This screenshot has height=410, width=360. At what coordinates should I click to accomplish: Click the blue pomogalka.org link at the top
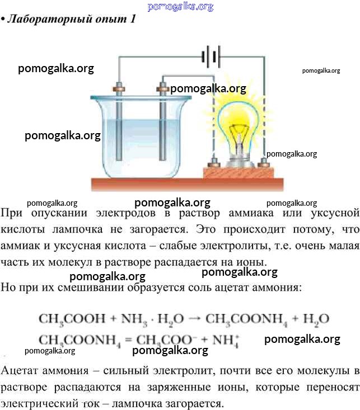[x=180, y=7]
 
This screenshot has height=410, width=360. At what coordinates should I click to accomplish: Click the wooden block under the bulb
[x=239, y=173]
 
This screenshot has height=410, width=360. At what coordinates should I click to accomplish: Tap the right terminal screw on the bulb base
[x=263, y=163]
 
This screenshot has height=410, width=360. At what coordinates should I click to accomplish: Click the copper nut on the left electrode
[x=119, y=89]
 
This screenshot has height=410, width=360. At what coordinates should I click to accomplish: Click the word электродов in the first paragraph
[x=125, y=213]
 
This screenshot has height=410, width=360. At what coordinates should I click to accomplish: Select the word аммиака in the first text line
[x=251, y=213]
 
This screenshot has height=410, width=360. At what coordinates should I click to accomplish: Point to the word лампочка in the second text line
[x=77, y=229]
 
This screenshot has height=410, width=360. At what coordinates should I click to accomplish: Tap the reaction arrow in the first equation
[x=194, y=319]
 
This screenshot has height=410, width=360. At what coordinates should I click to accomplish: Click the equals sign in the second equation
[x=128, y=341]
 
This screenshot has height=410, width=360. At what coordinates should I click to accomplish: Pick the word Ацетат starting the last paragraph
[x=19, y=371]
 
